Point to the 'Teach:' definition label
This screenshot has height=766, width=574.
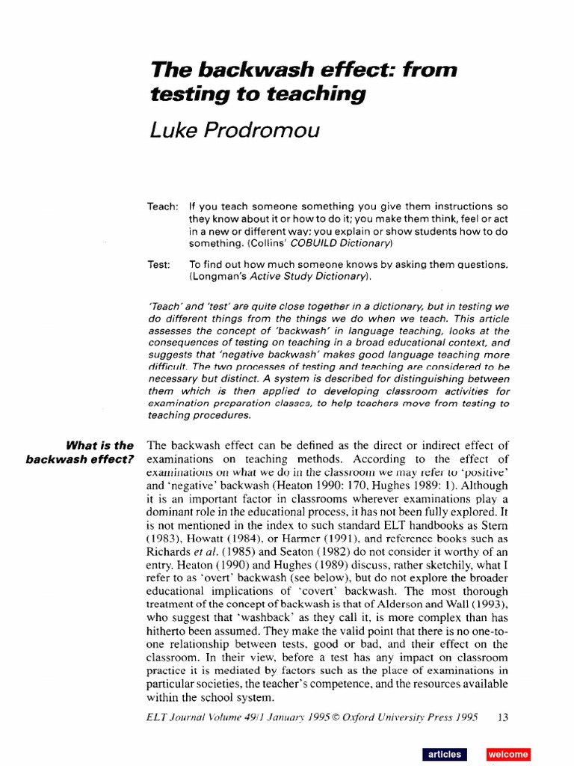pos(162,206)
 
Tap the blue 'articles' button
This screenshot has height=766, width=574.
pos(444,754)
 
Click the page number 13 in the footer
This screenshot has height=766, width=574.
pos(502,717)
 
